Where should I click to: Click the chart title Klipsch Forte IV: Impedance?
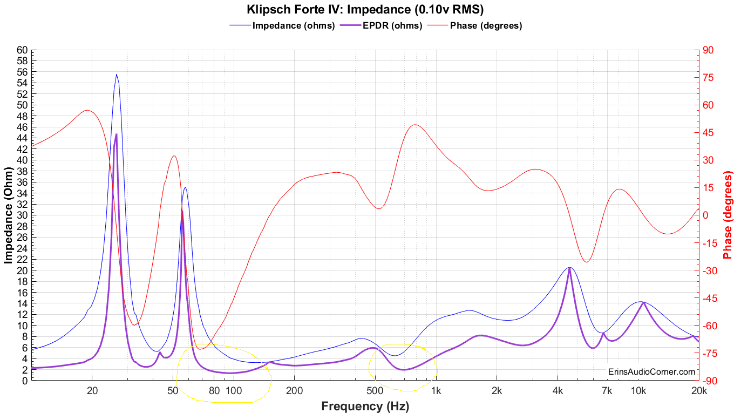365,9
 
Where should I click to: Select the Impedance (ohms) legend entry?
294,25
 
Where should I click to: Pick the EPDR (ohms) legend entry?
392,25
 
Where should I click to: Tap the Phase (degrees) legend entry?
486,25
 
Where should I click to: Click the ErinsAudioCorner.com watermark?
651,371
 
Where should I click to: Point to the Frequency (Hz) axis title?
365,406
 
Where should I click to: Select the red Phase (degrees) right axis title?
728,215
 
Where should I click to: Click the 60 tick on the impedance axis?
22,50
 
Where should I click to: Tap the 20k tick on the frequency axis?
699,390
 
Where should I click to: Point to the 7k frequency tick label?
606,390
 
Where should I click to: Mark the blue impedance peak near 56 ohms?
117,75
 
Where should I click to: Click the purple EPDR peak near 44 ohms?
116,134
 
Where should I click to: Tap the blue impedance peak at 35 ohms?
185,188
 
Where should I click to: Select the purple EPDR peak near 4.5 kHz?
569,269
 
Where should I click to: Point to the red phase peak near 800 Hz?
414,125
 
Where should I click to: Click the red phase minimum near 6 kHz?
587,262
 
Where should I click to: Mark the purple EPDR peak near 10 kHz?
643,303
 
